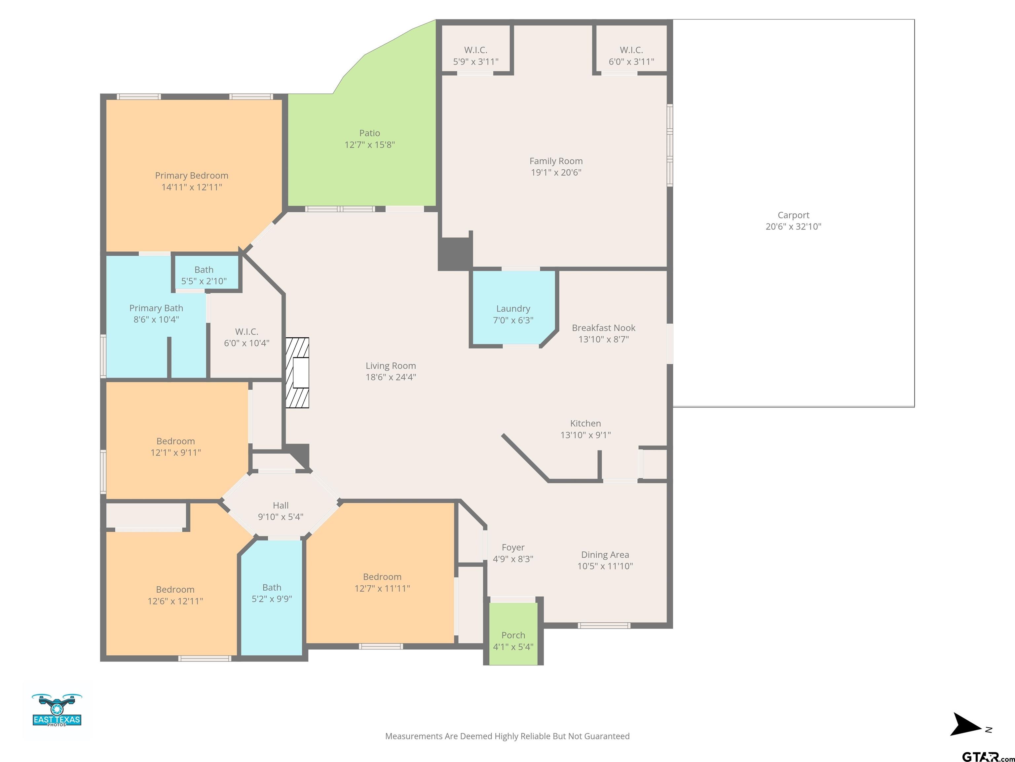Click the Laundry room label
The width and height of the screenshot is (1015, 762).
click(x=513, y=309)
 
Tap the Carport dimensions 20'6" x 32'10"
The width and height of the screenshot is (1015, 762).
click(x=793, y=227)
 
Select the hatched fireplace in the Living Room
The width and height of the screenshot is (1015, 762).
click(x=297, y=372)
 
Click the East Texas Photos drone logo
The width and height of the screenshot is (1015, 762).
click(x=57, y=710)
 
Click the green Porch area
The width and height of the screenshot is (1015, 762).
click(x=513, y=633)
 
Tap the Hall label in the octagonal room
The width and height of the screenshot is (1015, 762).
click(x=281, y=505)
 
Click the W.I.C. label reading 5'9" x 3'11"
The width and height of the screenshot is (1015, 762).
click(x=476, y=56)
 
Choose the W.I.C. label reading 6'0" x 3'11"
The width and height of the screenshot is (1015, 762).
click(x=631, y=56)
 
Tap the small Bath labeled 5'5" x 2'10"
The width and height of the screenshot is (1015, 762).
click(x=204, y=275)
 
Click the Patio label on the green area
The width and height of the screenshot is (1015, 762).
click(x=370, y=133)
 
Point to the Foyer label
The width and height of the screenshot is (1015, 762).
click(x=513, y=547)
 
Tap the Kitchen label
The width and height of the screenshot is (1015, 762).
click(x=585, y=423)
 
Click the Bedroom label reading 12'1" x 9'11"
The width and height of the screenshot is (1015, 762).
click(x=176, y=447)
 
